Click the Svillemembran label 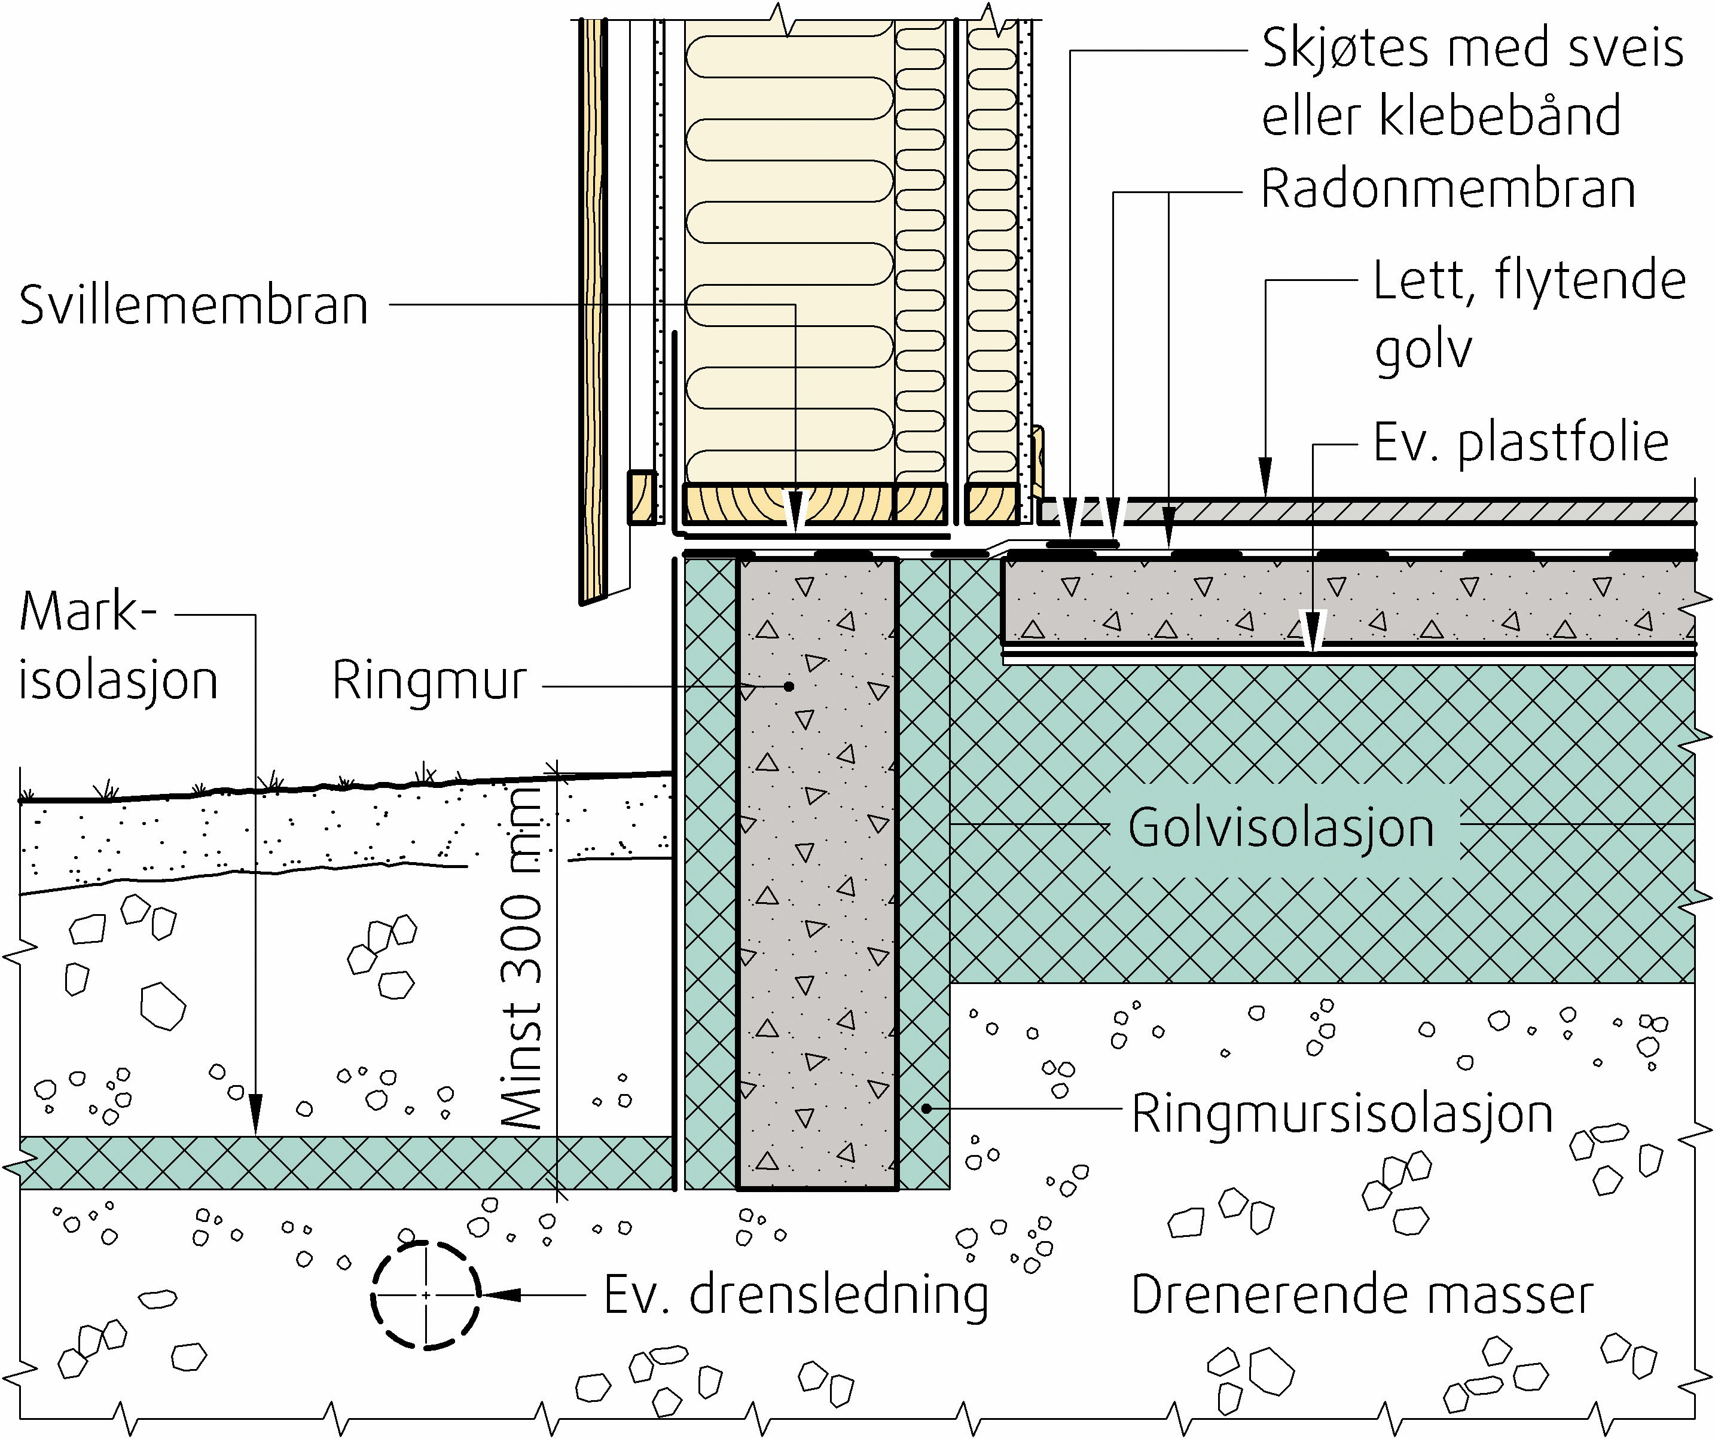(194, 305)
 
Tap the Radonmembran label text (1448, 190)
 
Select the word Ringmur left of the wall (429, 680)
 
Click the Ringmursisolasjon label (1342, 1114)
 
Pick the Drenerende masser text (1362, 1296)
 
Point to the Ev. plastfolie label (1521, 444)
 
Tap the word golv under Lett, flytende (1423, 350)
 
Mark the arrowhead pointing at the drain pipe (500, 1296)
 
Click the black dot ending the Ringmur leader (789, 686)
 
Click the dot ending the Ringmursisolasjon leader (927, 1109)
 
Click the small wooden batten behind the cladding (642, 497)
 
